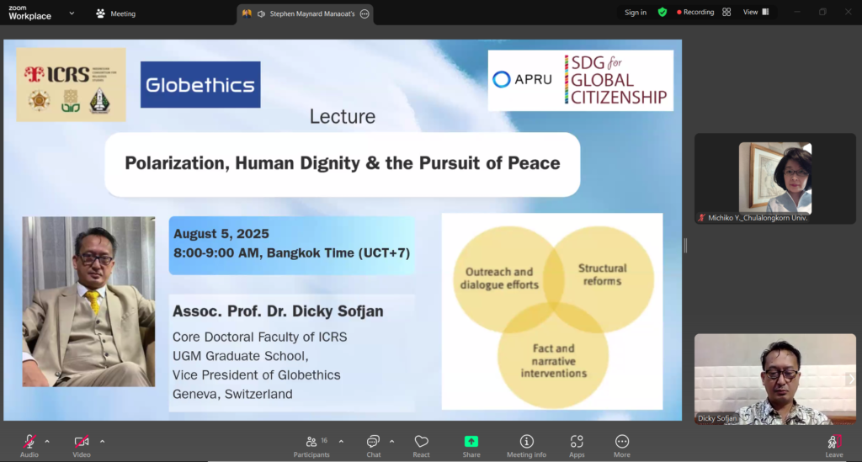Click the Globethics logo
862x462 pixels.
200,85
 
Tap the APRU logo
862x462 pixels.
522,80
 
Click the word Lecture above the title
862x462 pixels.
342,116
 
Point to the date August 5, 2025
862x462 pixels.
221,233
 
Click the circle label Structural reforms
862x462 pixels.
602,274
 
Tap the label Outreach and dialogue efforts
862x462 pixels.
499,278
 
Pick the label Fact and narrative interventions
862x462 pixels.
554,361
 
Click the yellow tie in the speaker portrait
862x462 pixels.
93,300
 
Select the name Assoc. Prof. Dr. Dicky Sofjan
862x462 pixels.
278,311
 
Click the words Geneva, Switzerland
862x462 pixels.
232,394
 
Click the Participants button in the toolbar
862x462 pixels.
311,446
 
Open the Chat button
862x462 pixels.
373,446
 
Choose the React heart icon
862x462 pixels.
421,442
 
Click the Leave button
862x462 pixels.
834,446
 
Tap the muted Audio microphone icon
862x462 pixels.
29,441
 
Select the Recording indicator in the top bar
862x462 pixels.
695,12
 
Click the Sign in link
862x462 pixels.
636,12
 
